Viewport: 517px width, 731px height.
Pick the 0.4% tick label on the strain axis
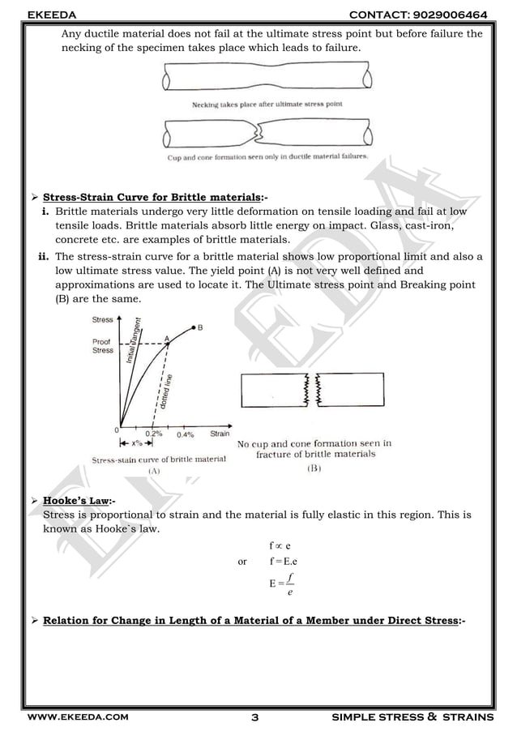tap(186, 434)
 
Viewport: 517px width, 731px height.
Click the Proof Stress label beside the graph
tap(103, 346)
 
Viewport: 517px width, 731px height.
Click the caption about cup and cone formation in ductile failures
tap(267, 157)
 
